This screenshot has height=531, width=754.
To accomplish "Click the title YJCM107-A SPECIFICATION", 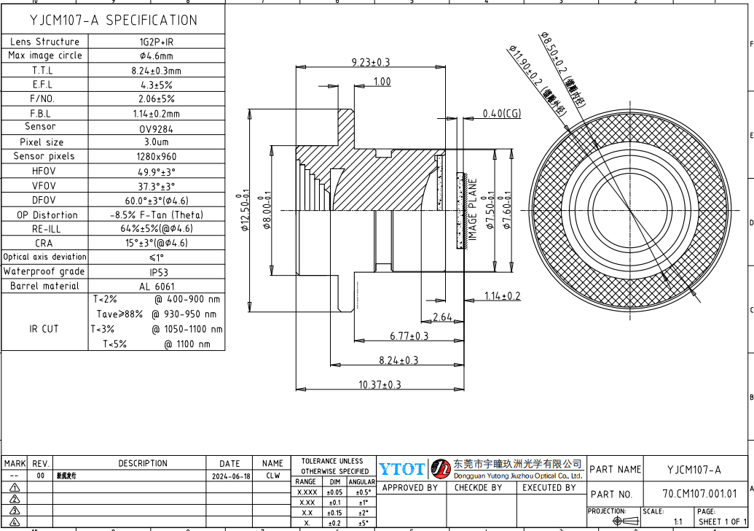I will coord(112,20).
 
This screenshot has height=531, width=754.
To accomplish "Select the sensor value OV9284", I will coord(156,128).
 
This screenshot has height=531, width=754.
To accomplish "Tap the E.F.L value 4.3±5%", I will coord(156,85).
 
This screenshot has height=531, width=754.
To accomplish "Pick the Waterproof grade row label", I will coord(44,271).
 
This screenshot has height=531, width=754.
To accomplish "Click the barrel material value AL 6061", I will coord(156,286).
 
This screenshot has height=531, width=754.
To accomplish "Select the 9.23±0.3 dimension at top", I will coord(371,63).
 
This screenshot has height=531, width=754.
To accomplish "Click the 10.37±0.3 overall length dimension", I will coord(380,384).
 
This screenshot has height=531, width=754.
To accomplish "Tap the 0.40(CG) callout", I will coord(502,114).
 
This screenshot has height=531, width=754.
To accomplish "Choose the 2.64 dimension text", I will coord(442,317).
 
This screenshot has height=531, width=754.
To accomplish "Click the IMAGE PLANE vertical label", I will coord(472,210).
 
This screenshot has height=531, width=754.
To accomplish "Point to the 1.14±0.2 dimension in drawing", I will coord(503,295).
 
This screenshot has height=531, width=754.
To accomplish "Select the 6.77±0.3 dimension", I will coord(409,336).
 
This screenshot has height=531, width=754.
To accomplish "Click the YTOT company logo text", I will coord(401,469).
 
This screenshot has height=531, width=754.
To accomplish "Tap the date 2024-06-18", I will coord(230,476).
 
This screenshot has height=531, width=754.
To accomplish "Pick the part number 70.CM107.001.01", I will coord(699,494).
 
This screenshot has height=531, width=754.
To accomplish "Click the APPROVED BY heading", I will coord(409,488).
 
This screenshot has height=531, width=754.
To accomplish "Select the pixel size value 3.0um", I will coord(156,142).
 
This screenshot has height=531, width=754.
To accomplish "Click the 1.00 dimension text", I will coord(382,82).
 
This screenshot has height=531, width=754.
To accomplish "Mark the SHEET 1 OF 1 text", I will coord(723,522).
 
